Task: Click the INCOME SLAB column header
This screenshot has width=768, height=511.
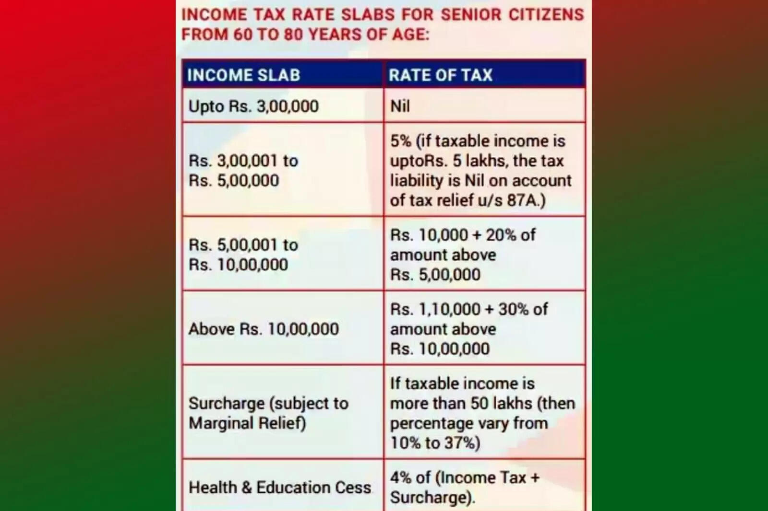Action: click(243, 75)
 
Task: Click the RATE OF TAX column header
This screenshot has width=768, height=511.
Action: click(441, 75)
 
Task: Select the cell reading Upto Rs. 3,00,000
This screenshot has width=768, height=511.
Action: click(253, 106)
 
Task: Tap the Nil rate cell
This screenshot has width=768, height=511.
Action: click(400, 106)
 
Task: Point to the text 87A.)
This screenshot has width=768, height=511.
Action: click(526, 200)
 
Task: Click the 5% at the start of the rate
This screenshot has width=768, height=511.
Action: click(401, 141)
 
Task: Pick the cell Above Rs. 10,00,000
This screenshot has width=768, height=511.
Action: click(264, 329)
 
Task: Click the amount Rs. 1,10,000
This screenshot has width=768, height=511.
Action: click(435, 309)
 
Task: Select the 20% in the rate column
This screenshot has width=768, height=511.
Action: click(501, 235)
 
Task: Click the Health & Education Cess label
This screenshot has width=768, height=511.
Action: click(280, 488)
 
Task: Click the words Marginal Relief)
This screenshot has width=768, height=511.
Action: click(247, 423)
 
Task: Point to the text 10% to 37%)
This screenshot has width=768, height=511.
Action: click(435, 443)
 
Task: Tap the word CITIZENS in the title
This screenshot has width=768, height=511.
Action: click(546, 15)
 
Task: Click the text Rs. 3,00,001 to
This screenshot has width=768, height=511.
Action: click(243, 161)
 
